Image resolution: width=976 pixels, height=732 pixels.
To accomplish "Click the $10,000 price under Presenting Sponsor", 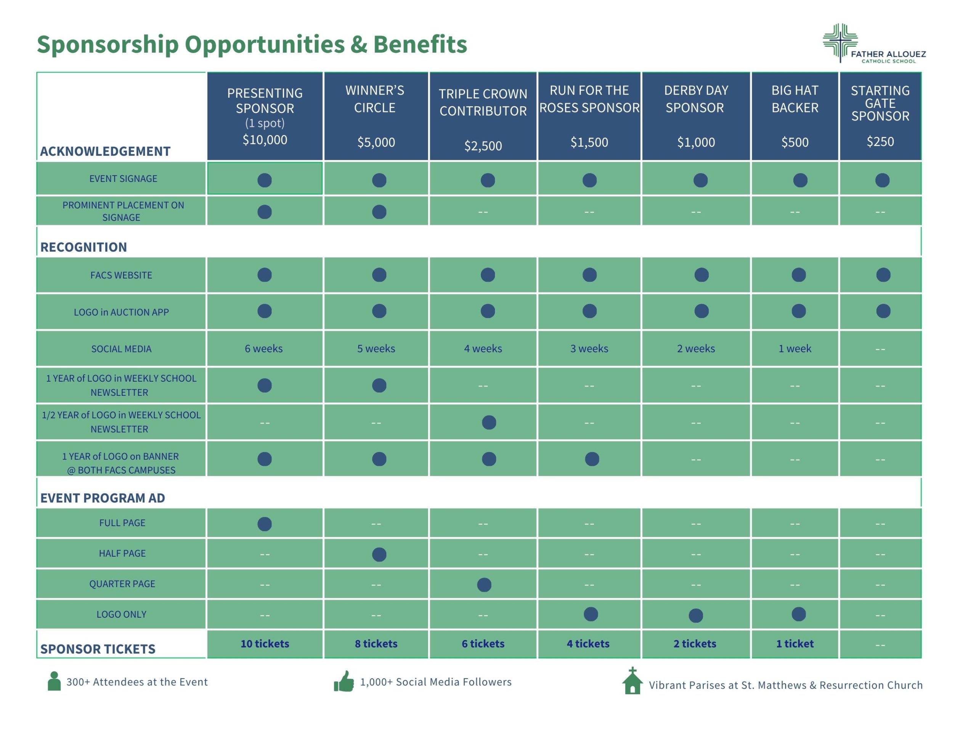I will point(265,140).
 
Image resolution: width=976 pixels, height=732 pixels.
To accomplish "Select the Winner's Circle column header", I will point(375,99).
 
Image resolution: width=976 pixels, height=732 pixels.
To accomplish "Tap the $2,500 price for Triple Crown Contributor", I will point(483,146).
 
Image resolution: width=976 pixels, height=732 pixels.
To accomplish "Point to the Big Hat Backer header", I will point(795,99).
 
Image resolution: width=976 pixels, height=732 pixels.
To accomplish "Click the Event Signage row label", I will point(123,179).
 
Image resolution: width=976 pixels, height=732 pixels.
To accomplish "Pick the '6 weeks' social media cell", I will point(264,348).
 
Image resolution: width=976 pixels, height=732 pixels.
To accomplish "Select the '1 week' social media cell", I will point(795,348).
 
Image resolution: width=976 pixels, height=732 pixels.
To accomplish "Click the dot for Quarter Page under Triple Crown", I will point(484,584).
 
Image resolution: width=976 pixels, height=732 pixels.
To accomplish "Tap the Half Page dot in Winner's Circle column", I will point(379,554).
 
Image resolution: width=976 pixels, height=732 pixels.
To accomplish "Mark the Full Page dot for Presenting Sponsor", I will point(264,524).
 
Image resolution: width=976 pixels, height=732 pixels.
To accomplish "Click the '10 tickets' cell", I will point(265,644).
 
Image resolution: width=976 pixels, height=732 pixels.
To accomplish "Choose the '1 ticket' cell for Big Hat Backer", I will point(795,644).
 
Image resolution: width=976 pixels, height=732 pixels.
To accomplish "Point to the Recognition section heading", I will point(84,247).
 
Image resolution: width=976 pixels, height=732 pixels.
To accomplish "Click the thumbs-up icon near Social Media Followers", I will point(344,681).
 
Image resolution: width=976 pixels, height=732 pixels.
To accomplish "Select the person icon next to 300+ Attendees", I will point(54,681).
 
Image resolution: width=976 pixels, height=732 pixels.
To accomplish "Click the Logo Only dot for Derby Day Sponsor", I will point(695,615).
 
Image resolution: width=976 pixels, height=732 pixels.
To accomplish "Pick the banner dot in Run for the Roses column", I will point(592,459).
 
